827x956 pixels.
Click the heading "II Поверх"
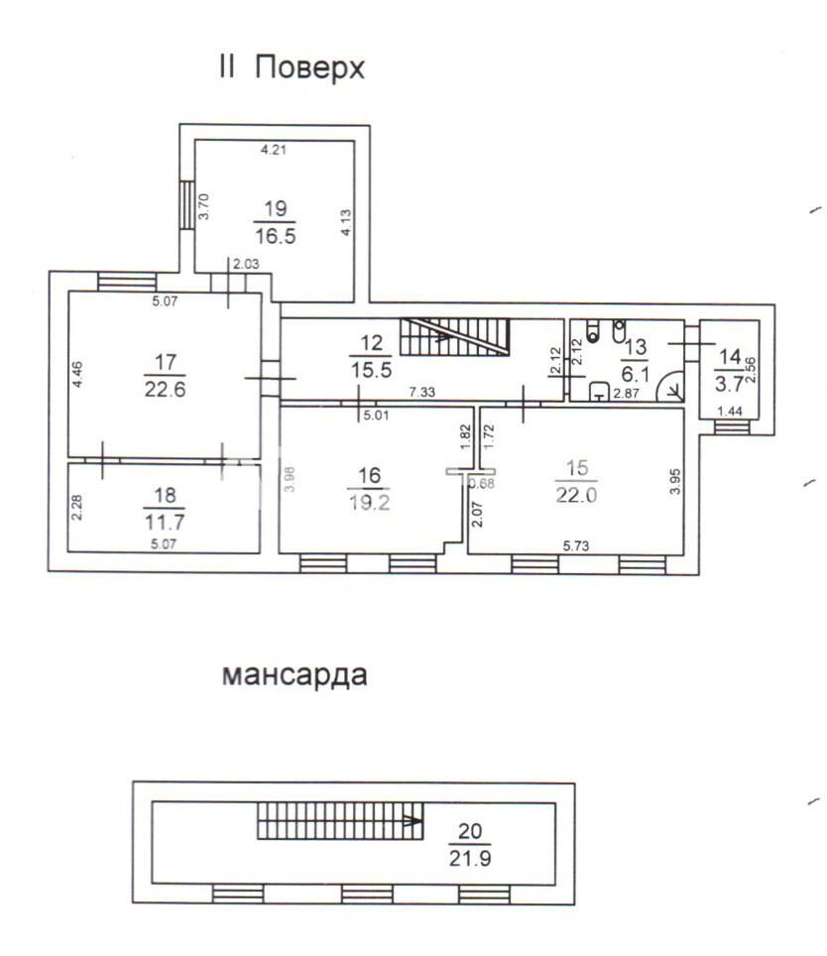[x=292, y=67]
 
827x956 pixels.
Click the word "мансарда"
[x=295, y=675]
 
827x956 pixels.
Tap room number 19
[x=276, y=208]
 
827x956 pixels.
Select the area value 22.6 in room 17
[x=166, y=389]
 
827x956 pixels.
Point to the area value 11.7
[x=165, y=522]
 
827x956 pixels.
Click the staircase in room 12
[x=454, y=336]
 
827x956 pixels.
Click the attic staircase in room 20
[x=340, y=821]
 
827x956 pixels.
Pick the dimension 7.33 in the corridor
[x=421, y=392]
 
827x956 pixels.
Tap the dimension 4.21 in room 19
[x=274, y=150]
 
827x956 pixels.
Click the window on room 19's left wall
[x=187, y=205]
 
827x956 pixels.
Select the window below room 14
[x=732, y=426]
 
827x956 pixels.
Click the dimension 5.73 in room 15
[x=576, y=545]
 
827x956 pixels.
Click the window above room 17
[x=127, y=282]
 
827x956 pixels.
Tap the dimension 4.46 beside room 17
[x=76, y=375]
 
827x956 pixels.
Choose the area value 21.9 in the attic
[x=470, y=859]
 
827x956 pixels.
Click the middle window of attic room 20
[x=367, y=894]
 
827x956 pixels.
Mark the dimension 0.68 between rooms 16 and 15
[x=483, y=484]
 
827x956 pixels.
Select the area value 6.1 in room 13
[x=635, y=373]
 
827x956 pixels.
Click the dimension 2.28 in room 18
[x=76, y=508]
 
